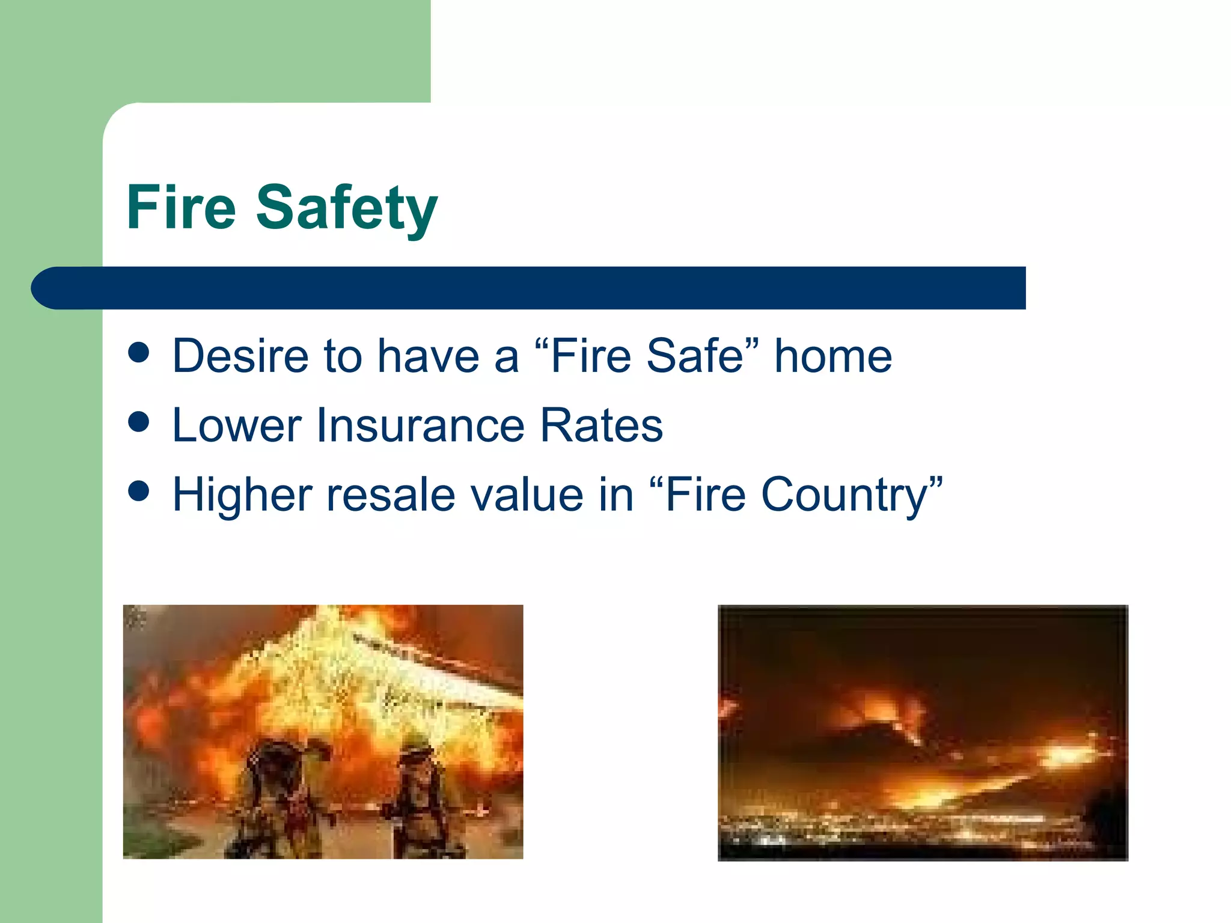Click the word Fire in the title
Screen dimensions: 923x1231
pyautogui.click(x=181, y=207)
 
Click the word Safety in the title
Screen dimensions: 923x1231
pyautogui.click(x=347, y=209)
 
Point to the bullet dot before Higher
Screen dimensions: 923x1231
pyautogui.click(x=139, y=491)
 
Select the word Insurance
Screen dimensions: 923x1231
pyautogui.click(x=420, y=425)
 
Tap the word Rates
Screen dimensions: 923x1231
pyautogui.click(x=602, y=425)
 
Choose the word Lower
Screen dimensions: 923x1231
pyautogui.click(x=237, y=425)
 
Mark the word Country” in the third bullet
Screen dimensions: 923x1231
pyautogui.click(x=852, y=495)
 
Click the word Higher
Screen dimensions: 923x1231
pyautogui.click(x=242, y=495)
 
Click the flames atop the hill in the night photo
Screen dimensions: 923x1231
pyautogui.click(x=884, y=709)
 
